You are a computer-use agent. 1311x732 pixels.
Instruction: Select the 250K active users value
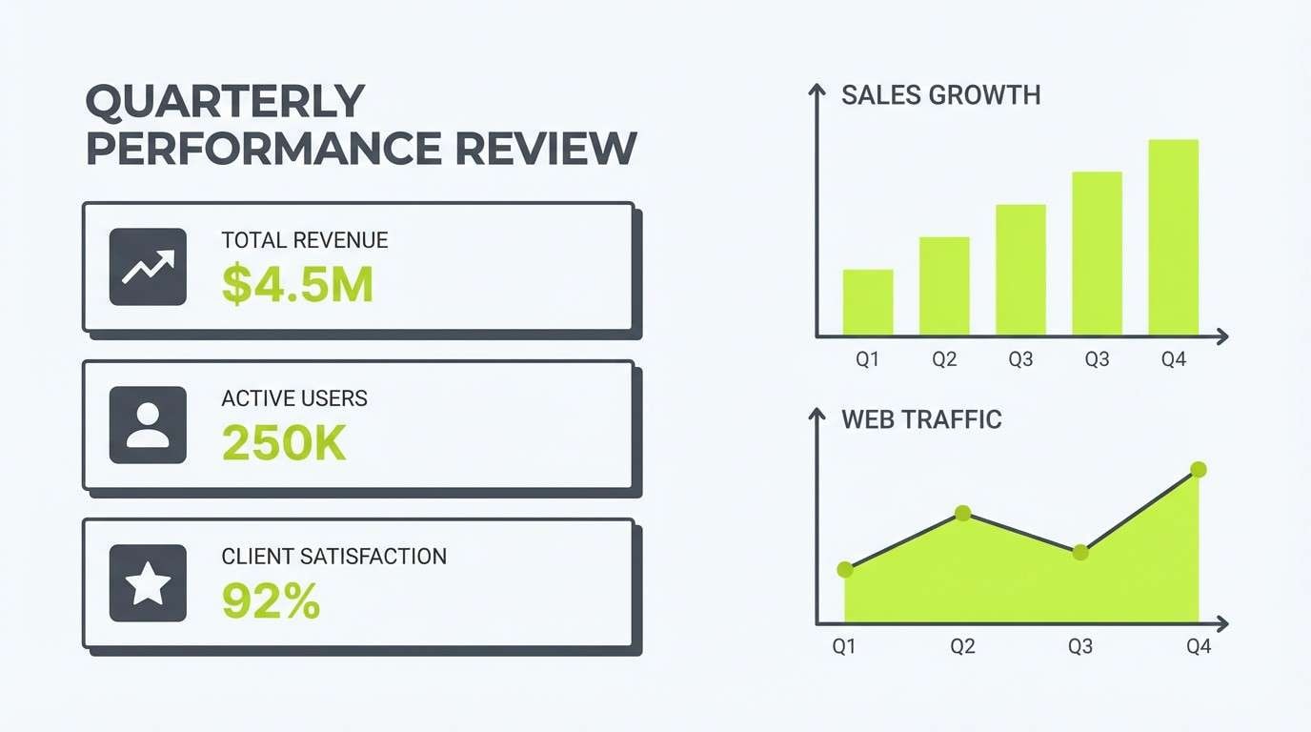click(283, 442)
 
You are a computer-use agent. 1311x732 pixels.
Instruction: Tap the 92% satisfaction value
click(271, 601)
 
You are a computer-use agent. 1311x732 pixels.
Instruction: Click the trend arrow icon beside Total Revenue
click(148, 267)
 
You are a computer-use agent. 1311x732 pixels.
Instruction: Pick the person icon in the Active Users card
click(148, 425)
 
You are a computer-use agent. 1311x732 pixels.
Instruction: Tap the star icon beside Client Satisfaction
click(148, 583)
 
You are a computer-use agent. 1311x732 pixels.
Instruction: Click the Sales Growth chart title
click(940, 95)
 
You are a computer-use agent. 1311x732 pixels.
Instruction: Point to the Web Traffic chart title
click(921, 419)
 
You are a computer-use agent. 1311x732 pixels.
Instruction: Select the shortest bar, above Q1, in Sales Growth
click(868, 303)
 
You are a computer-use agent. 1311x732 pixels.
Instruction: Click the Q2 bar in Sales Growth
click(944, 286)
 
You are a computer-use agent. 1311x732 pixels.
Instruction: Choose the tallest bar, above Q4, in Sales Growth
click(1173, 237)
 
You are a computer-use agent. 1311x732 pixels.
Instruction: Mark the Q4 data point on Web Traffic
click(1199, 469)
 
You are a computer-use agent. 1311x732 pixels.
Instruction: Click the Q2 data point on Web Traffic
click(962, 513)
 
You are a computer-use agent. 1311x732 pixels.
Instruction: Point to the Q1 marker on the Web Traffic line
click(844, 569)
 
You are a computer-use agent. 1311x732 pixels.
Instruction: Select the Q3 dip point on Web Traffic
click(1079, 552)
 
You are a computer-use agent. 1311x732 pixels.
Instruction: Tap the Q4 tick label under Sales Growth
click(1174, 360)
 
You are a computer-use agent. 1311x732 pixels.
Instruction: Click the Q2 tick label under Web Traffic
click(962, 647)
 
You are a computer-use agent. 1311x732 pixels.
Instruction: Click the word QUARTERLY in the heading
click(225, 102)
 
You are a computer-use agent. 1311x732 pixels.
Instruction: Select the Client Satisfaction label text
click(333, 557)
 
